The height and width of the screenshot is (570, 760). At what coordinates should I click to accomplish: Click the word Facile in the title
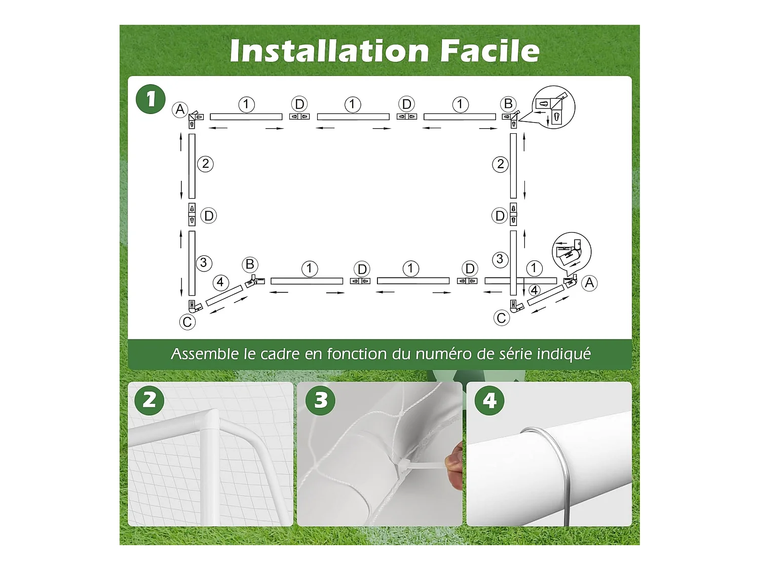490,51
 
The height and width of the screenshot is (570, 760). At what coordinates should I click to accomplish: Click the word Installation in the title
329,51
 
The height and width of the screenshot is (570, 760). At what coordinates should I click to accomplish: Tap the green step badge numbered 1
150,99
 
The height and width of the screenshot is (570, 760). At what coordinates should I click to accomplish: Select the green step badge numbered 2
149,400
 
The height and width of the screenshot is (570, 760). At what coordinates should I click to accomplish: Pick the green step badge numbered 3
320,400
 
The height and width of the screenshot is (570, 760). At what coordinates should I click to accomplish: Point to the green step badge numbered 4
489,400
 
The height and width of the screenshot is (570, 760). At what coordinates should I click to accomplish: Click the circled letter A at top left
180,110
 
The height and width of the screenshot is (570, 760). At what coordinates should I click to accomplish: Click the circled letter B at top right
508,104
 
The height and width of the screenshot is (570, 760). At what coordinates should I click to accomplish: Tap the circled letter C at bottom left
187,322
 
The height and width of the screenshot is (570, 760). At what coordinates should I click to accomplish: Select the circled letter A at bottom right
589,283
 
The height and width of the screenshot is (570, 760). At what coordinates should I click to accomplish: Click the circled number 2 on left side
205,164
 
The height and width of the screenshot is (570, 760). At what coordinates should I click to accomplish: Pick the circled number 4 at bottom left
220,282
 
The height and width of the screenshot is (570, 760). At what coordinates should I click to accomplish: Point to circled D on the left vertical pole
208,216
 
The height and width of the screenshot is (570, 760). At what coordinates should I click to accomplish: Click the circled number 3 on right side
500,259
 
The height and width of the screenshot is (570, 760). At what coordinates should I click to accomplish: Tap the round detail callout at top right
553,107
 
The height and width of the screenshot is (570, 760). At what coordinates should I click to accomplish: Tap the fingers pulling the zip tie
453,466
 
